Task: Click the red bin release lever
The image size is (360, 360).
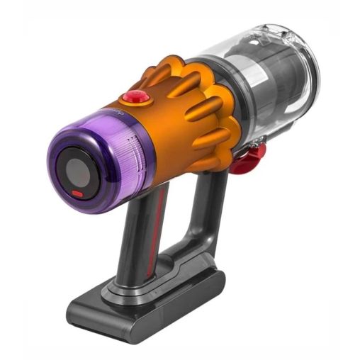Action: (247, 157)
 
